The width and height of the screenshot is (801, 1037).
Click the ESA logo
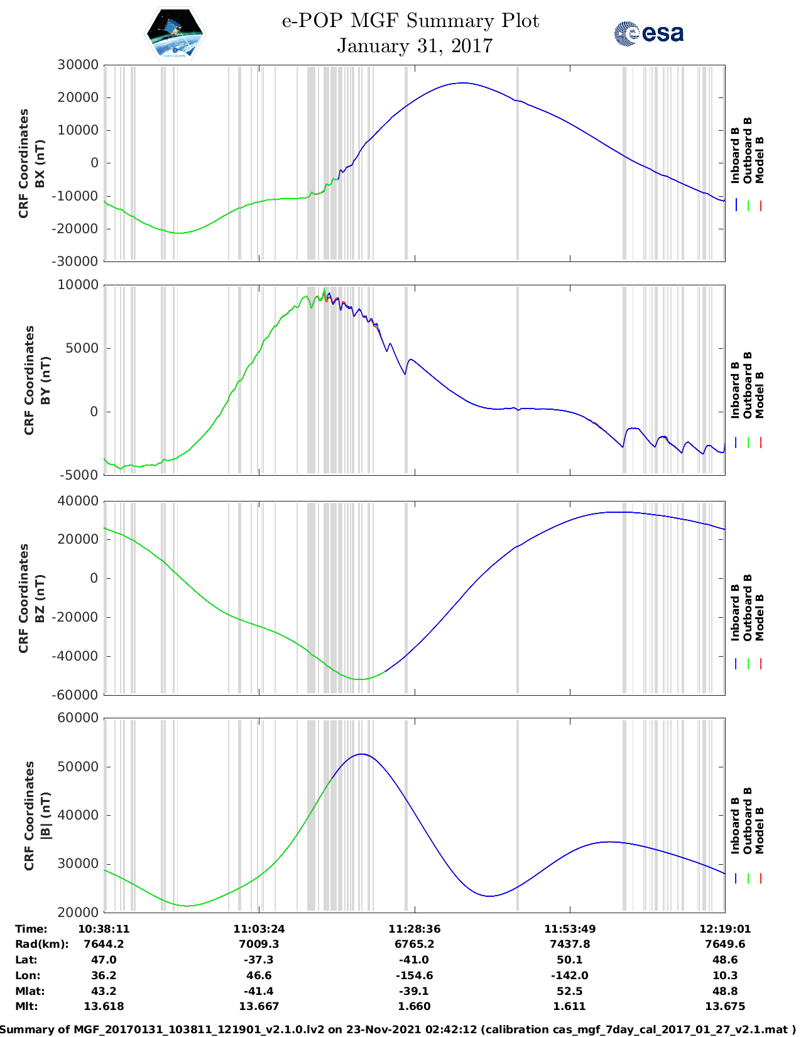[648, 33]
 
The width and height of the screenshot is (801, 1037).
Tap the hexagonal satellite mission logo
[175, 34]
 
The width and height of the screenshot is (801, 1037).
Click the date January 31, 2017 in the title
[415, 46]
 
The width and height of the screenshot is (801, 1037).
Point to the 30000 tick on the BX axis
[78, 65]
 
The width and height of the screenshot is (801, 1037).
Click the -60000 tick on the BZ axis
[75, 695]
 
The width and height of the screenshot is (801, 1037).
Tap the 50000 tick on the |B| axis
[78, 767]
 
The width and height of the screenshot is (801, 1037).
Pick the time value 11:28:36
[415, 929]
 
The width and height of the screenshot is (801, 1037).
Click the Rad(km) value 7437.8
[570, 944]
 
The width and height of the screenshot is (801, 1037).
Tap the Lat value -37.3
[259, 960]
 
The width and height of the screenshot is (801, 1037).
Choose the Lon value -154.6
[415, 975]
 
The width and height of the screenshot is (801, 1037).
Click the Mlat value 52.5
[570, 991]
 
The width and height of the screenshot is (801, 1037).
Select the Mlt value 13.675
[725, 1006]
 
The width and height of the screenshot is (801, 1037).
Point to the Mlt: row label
[26, 1006]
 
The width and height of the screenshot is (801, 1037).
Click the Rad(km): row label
[41, 944]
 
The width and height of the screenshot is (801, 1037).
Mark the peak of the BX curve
[462, 83]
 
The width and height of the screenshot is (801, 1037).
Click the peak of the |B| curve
[362, 754]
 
